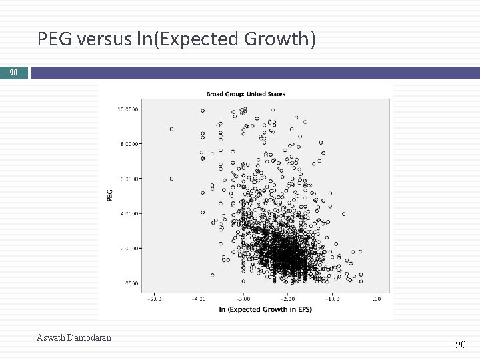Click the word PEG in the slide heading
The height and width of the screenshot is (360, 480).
click(55, 40)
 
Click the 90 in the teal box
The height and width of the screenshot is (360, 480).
click(13, 72)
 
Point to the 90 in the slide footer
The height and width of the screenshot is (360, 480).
click(461, 344)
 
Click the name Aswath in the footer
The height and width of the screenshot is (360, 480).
click(51, 338)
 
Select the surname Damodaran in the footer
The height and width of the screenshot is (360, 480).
click(89, 338)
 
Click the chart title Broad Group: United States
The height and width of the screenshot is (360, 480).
click(247, 94)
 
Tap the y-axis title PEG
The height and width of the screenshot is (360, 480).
click(110, 195)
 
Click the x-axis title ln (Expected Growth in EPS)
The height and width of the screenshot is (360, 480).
click(265, 309)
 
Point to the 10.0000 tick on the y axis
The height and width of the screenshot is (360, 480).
click(129, 109)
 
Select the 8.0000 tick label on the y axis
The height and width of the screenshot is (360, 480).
click(131, 144)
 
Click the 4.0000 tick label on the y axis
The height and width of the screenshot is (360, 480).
click(131, 213)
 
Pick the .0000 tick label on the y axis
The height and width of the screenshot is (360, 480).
click(132, 283)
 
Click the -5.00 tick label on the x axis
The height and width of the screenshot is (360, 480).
click(153, 298)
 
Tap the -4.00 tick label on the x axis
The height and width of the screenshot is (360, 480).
click(198, 298)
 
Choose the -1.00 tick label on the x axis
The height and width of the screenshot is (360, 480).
click(331, 298)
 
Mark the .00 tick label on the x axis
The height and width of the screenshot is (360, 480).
click(377, 298)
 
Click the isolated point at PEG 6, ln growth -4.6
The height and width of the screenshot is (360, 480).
click(171, 179)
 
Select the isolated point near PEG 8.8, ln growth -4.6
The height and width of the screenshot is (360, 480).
click(171, 129)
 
